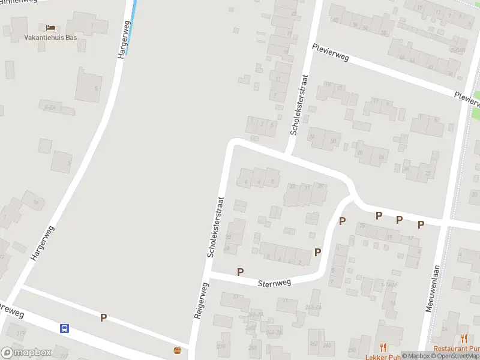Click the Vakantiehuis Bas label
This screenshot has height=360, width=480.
[x=50, y=37]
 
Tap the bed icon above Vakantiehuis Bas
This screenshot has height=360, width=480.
[x=50, y=28]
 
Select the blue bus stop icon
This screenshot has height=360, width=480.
[x=64, y=328]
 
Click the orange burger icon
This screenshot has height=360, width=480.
[x=177, y=349]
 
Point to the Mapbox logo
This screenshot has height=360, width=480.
[x=26, y=353]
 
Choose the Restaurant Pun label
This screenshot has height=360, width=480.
[x=457, y=349]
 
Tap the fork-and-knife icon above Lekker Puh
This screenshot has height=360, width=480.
[x=383, y=347]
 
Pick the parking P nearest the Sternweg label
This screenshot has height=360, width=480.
[x=241, y=272]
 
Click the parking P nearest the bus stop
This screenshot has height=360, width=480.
[x=103, y=318]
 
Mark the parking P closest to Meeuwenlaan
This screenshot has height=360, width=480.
[x=421, y=224]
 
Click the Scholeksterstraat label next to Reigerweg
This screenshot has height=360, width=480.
[x=214, y=227]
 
